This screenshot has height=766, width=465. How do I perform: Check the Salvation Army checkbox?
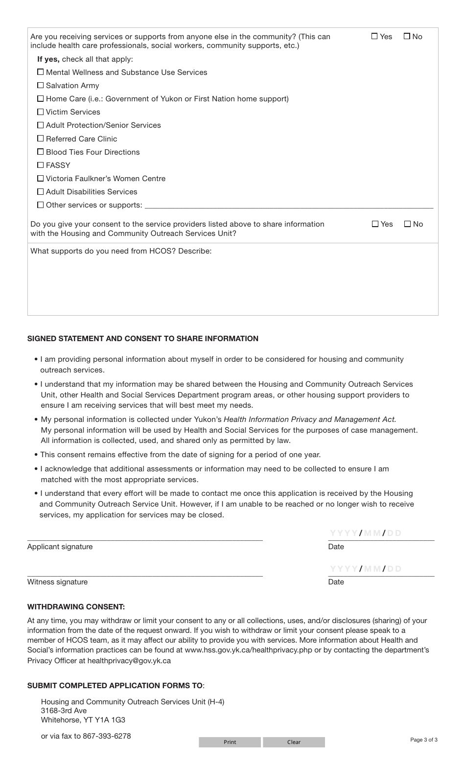pyautogui.click(x=41, y=86)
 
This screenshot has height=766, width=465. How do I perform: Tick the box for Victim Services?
pyautogui.click(x=41, y=112)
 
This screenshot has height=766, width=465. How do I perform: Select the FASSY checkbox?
pyautogui.click(x=41, y=165)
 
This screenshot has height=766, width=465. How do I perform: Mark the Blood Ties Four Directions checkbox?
pyautogui.click(x=41, y=152)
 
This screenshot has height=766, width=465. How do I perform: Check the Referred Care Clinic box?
pyautogui.click(x=41, y=139)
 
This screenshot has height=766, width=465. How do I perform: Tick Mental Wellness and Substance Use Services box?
pyautogui.click(x=41, y=72)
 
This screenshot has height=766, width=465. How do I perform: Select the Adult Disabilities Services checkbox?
pyautogui.click(x=41, y=192)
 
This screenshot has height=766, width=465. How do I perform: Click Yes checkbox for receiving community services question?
pyautogui.click(x=375, y=36)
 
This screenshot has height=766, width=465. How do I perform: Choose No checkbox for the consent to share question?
pyautogui.click(x=408, y=224)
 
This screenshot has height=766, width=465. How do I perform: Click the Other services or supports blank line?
pyautogui.click(x=289, y=205)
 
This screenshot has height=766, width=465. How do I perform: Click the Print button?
pyautogui.click(x=230, y=742)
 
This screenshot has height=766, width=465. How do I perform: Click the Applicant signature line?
pyautogui.click(x=145, y=536)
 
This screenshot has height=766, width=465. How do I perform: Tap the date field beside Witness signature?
pyautogui.click(x=381, y=569)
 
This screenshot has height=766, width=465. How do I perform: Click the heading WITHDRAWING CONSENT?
pyautogui.click(x=76, y=607)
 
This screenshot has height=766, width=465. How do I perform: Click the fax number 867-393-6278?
pyautogui.click(x=107, y=736)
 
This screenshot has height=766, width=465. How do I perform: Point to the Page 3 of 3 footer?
pyautogui.click(x=423, y=740)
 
